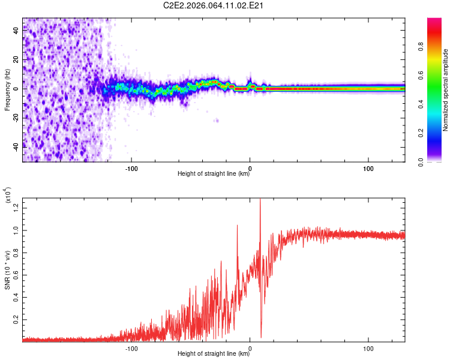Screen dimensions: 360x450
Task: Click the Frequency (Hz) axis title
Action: (x=7, y=89)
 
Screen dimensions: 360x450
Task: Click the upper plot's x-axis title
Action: (x=214, y=174)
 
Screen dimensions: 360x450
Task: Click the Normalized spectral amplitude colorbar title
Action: (x=445, y=90)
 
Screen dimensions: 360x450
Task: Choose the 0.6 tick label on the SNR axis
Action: (x=16, y=275)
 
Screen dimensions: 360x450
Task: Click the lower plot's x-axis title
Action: (x=214, y=354)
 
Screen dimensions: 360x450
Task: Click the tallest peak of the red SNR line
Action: (x=260, y=200)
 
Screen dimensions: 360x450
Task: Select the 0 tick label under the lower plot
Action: (x=250, y=347)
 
